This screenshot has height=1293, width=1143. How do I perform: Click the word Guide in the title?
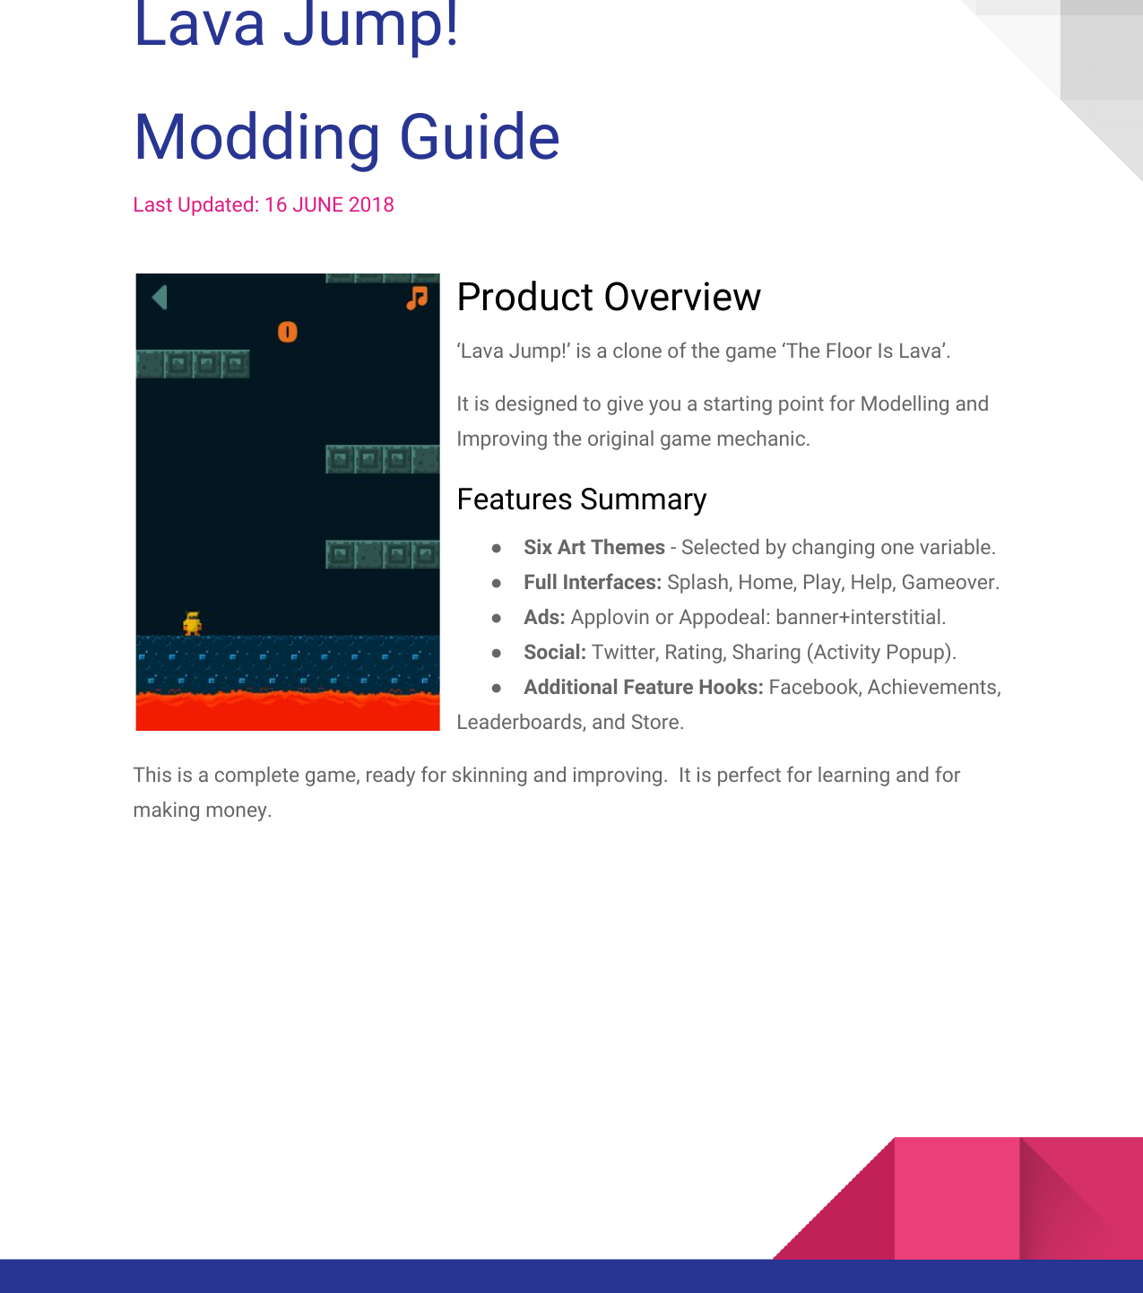[x=480, y=138]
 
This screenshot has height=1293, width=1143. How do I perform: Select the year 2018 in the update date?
[x=371, y=205]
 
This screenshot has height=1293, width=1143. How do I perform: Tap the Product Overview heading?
[x=609, y=298]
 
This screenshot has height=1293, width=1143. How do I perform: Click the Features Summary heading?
[x=582, y=499]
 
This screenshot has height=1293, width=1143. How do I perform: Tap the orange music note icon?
[x=417, y=298]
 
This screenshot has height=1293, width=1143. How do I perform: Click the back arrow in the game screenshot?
[x=160, y=298]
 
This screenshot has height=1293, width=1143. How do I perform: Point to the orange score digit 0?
[x=287, y=333]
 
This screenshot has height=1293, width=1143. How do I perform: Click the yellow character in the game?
[x=192, y=623]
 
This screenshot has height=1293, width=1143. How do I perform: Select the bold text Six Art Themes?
[x=594, y=548]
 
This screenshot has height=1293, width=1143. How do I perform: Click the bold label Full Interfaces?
[x=593, y=583]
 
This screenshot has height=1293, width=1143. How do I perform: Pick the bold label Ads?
[x=544, y=618]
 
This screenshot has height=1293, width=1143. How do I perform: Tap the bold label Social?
[x=555, y=653]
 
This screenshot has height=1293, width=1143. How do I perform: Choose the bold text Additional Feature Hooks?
[x=644, y=688]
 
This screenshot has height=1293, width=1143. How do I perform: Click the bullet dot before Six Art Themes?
[x=497, y=548]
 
